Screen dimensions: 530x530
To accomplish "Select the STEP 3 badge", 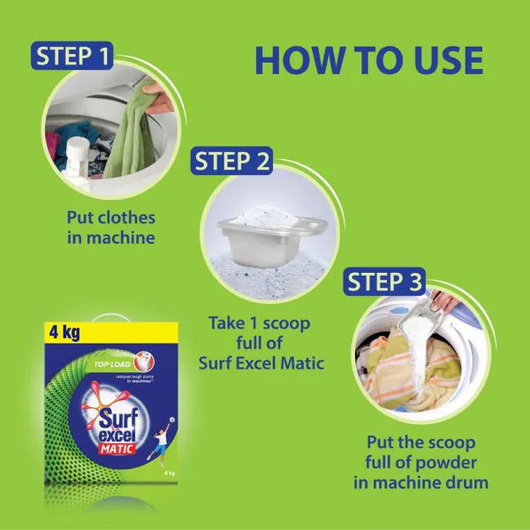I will coord(388,282).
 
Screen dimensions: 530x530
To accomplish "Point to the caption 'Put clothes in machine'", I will coord(110,226).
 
